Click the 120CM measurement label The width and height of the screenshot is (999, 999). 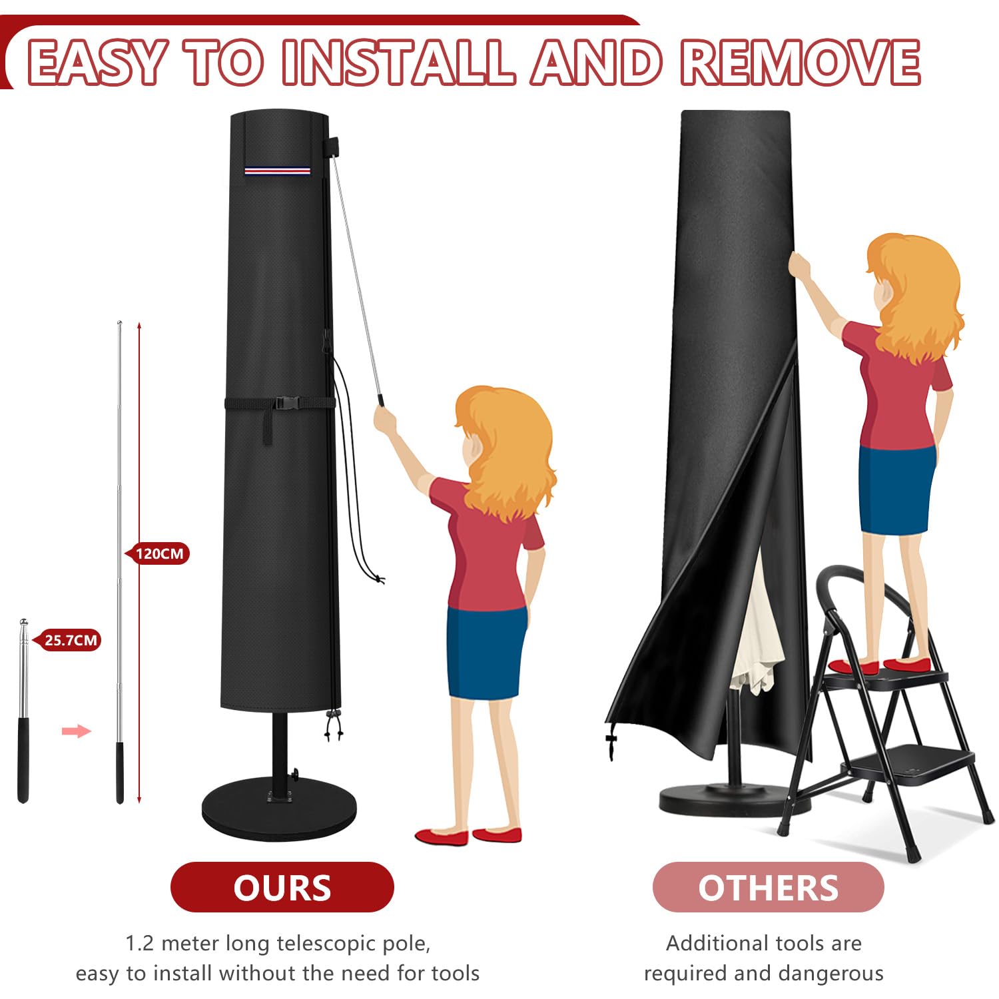(158, 553)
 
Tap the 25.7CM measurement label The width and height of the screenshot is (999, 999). (67, 641)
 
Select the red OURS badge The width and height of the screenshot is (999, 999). (282, 887)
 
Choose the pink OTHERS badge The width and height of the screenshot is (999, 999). (768, 887)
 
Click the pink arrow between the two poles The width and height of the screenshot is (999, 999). (76, 731)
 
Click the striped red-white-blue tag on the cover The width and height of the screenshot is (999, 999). (277, 170)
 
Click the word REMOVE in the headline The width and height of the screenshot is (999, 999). (800, 62)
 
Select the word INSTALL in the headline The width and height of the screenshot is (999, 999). (398, 62)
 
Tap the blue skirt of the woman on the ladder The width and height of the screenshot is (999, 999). (896, 490)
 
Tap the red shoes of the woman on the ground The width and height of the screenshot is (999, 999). (468, 835)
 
